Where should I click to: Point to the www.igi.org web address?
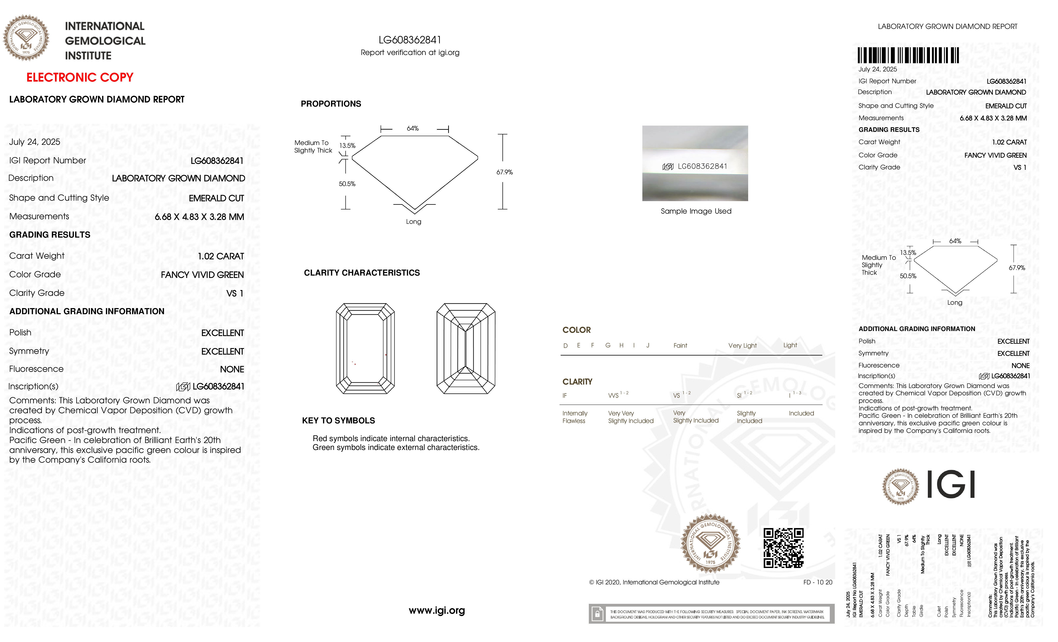(x=437, y=610)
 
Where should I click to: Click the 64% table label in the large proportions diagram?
(x=413, y=128)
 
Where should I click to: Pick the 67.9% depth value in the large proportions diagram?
(x=505, y=172)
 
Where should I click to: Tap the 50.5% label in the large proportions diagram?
(x=347, y=184)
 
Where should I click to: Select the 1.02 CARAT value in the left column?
(x=221, y=256)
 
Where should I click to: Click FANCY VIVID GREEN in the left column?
(x=202, y=275)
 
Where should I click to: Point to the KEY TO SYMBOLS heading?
(x=338, y=421)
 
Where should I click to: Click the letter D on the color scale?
(x=565, y=345)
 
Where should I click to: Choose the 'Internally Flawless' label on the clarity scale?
(x=575, y=417)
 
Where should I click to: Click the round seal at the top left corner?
(x=26, y=38)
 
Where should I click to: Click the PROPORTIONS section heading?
(x=331, y=104)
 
